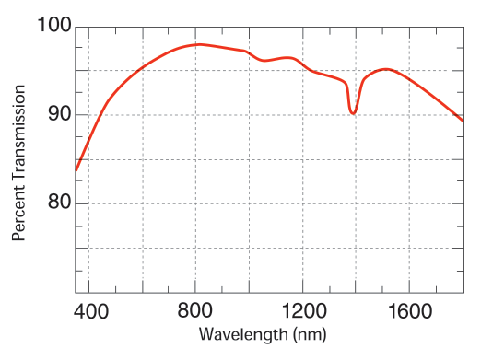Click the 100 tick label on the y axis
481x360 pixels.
[53, 26]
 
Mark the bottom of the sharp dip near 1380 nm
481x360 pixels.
[353, 113]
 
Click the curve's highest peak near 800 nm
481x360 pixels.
[198, 44]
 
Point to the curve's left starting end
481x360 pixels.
[76, 170]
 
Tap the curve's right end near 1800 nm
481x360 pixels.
[463, 121]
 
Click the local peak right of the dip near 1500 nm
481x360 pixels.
[384, 69]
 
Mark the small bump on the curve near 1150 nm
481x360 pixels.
[289, 58]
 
